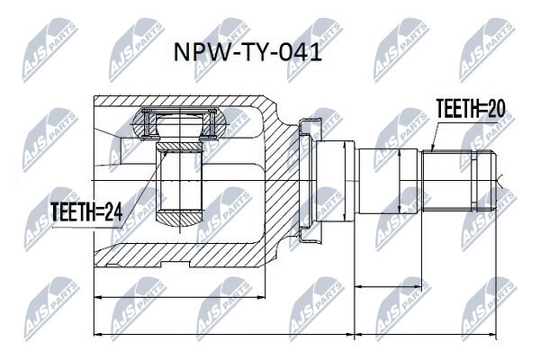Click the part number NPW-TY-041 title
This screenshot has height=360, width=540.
(247, 53)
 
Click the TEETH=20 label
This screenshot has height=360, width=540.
(471, 108)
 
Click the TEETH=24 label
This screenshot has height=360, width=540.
(86, 211)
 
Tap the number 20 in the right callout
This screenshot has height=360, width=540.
(496, 108)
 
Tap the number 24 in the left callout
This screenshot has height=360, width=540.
(113, 211)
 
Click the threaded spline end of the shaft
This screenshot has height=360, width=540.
(459, 181)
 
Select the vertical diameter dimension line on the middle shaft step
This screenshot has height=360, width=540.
(399, 181)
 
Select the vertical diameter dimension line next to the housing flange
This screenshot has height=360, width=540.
(345, 181)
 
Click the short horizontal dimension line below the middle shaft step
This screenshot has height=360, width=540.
(388, 286)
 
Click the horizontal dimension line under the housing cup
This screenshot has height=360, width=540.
(180, 297)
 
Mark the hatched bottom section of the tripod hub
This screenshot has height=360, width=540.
(179, 220)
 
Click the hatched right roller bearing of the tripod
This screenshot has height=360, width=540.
(216, 124)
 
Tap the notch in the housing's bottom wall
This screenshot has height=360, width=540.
(175, 265)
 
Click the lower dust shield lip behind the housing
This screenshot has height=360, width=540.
(310, 236)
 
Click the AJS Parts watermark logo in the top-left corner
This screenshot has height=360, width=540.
(49, 50)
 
